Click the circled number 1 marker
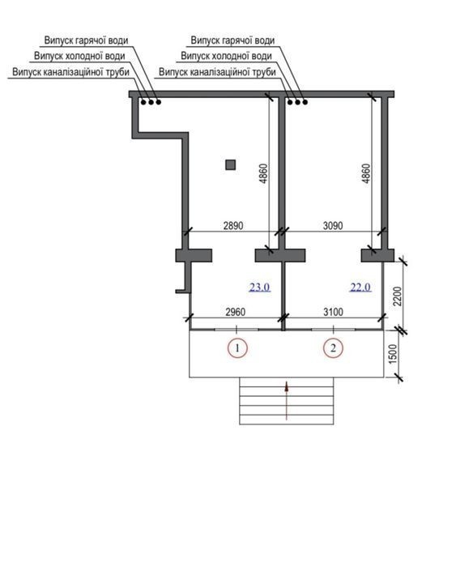pos(237,347)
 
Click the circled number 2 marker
pos(333,347)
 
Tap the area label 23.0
pos(260,287)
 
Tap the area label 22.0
pos(360,287)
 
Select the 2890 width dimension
pos(233,226)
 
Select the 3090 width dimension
pos(333,226)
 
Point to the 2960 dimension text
pos(236,312)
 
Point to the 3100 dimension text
pos(333,312)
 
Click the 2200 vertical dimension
pos(397,296)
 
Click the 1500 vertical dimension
pos(392,354)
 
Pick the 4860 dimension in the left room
pos(263,173)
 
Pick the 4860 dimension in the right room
pos(366,173)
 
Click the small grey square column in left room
pos(231,165)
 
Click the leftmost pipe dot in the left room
pos(143,102)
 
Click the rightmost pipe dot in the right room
pos(305,102)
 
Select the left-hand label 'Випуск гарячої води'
pos(86,40)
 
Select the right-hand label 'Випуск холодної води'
pos(226,56)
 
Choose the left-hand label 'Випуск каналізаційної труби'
pos(71,72)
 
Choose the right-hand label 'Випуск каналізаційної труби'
pos(217,72)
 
